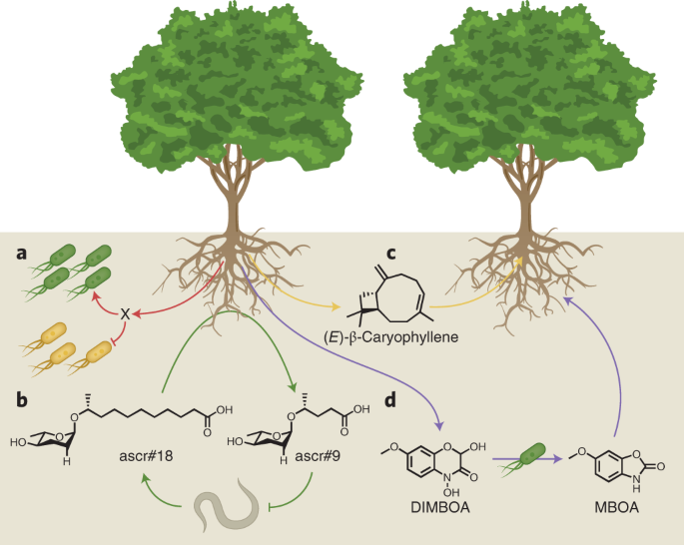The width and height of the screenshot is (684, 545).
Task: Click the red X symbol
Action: pos(125,314)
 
